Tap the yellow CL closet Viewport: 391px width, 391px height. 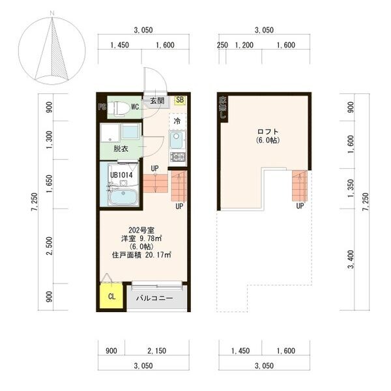point(111,297)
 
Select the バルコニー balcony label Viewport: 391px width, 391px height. point(154,298)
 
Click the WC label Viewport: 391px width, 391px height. point(136,106)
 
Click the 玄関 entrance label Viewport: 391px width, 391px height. point(157,101)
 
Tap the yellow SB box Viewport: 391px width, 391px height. point(180,100)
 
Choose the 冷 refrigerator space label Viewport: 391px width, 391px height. point(177,121)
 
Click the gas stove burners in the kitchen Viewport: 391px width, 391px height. point(178,157)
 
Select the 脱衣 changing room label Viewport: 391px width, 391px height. point(121,149)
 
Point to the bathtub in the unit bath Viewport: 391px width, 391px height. point(123,196)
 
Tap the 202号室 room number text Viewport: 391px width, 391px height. point(141,229)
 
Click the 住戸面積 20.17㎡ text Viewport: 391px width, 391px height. point(141,255)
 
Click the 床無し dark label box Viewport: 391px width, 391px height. point(223,108)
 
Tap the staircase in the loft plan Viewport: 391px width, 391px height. point(299,186)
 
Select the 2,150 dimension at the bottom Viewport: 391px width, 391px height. point(156,351)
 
